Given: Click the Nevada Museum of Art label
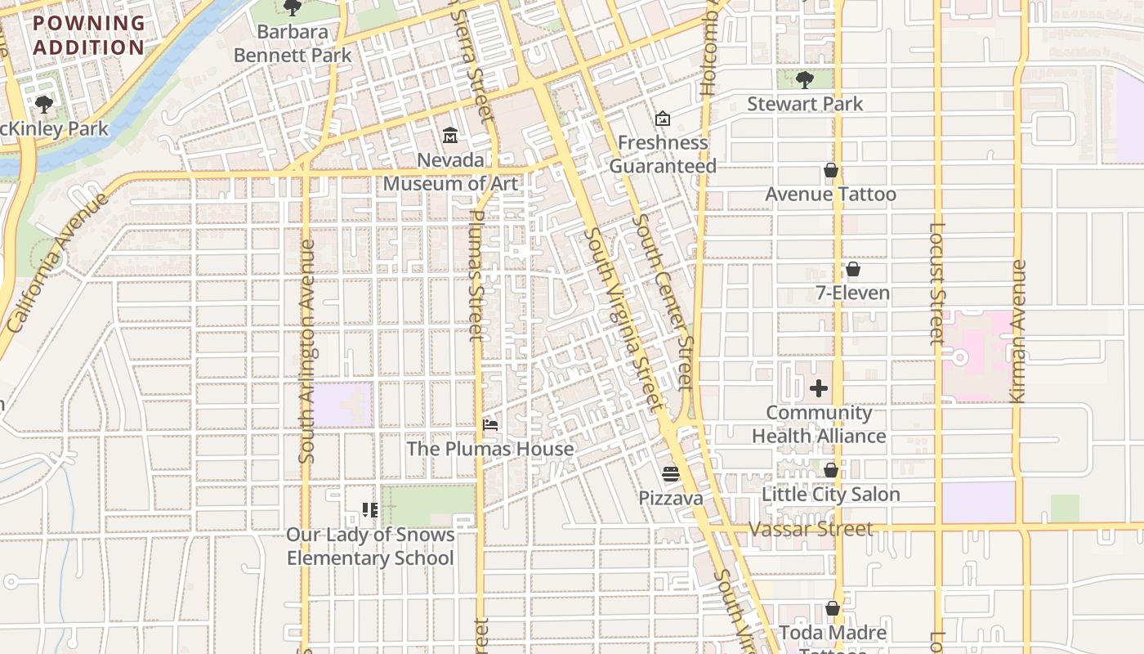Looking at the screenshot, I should [450, 172].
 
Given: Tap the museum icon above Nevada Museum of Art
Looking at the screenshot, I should [449, 135].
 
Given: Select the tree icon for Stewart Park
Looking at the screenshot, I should [804, 79].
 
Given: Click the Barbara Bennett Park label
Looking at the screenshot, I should [293, 44].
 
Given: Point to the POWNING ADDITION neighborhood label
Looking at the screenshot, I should [89, 35].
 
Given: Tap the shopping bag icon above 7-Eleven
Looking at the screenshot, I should [853, 269].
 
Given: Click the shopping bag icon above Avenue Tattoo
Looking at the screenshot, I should [831, 170].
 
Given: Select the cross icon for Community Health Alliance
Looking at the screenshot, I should [819, 388].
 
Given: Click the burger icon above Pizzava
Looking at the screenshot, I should [670, 474].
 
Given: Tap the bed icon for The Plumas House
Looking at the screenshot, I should [490, 424].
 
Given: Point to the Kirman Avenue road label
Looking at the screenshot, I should [1018, 331].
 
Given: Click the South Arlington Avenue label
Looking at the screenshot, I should [307, 352].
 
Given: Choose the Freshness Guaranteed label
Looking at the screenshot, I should [663, 154].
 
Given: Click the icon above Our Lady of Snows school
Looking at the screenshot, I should [369, 510].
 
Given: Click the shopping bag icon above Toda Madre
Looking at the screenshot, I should [832, 609].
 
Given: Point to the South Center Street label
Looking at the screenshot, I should [663, 302].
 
